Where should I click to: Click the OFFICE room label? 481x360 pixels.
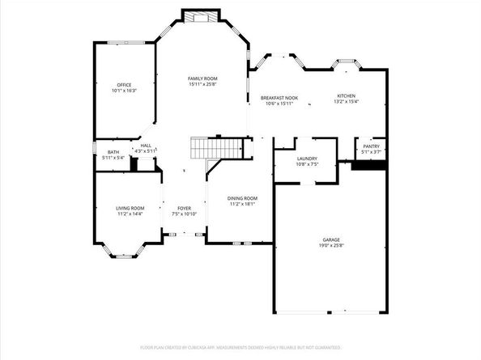(124, 85)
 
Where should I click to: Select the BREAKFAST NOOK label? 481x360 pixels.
(279, 98)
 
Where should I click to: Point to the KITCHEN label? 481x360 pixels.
(346, 96)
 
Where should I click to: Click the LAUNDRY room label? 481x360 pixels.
(307, 159)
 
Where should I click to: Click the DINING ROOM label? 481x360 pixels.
(242, 198)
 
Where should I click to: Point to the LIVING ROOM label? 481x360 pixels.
(130, 209)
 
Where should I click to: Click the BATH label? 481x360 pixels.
(113, 151)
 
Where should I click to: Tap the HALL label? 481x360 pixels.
(146, 146)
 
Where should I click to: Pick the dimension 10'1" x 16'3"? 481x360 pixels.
(124, 91)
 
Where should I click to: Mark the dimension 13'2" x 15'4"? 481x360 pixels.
(346, 102)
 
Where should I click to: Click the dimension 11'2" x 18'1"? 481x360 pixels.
(242, 204)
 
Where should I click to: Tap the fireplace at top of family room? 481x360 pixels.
(200, 15)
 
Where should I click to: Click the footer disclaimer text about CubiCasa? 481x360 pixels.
(240, 347)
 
